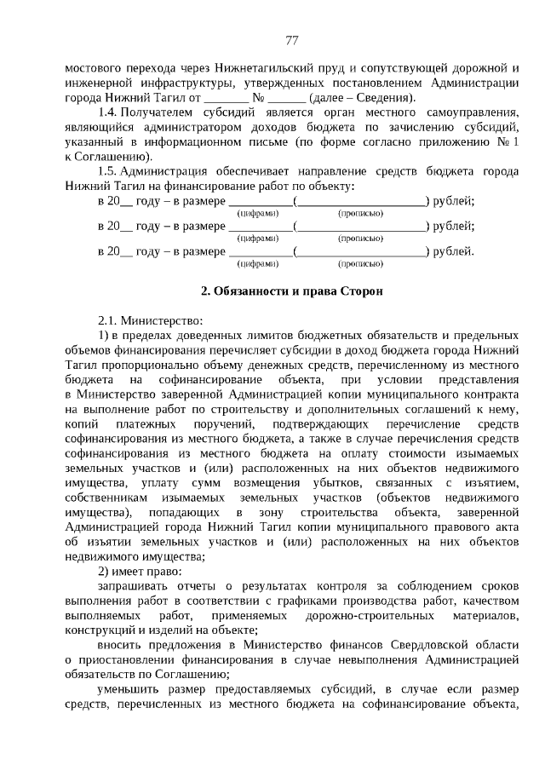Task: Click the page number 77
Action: click(291, 40)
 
